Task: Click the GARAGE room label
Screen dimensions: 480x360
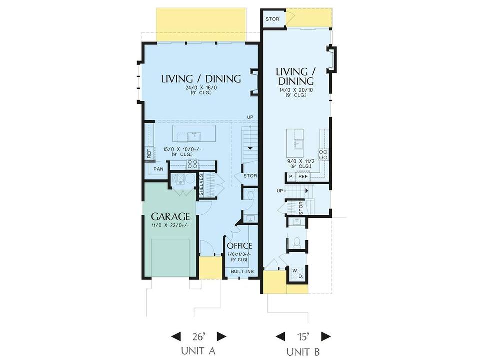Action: pos(170,216)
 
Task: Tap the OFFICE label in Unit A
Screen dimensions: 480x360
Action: pos(239,246)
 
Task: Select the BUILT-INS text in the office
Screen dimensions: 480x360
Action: pos(242,272)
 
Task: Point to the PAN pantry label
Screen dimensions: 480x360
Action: pos(158,169)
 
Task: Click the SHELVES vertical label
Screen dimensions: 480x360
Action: pos(201,185)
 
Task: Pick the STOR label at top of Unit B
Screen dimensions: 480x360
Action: pos(272,19)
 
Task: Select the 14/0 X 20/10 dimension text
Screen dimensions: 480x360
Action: pos(296,90)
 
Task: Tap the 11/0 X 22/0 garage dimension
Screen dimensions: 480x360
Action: pos(170,226)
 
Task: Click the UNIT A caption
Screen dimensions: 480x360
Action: pos(198,351)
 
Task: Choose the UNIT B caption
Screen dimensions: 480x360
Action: pos(303,351)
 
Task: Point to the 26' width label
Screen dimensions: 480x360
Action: pos(198,337)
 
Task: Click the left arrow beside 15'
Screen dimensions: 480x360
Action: pos(280,336)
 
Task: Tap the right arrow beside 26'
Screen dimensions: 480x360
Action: pos(221,336)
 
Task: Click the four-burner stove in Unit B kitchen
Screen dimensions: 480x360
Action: pos(324,154)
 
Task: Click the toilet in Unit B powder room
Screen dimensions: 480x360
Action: pos(296,243)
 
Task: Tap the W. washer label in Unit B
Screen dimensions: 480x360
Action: pos(295,271)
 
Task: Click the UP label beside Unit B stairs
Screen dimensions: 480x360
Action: pos(280,191)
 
